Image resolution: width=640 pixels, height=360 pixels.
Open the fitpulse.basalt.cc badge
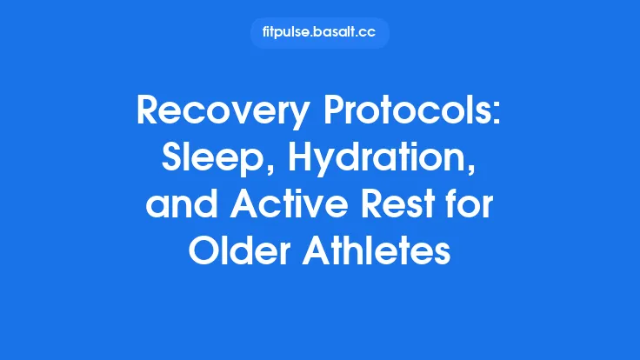pyautogui.click(x=319, y=33)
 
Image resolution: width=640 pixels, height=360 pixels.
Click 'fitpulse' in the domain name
pyautogui.click(x=286, y=33)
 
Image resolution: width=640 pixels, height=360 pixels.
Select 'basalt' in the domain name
pyautogui.click(x=335, y=33)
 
